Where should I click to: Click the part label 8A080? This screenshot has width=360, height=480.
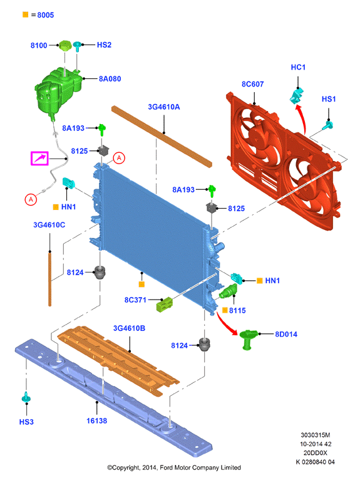[x=110, y=79]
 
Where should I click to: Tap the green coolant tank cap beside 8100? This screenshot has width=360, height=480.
[x=65, y=46]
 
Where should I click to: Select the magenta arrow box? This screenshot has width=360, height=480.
[x=40, y=159]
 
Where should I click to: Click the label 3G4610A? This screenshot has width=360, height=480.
[x=164, y=107]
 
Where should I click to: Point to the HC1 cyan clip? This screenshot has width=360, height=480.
[x=296, y=95]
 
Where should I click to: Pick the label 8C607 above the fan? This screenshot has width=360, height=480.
[x=253, y=84]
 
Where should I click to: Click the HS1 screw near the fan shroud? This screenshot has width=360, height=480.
[x=329, y=125]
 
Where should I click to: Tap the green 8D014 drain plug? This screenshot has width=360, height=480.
[x=247, y=339]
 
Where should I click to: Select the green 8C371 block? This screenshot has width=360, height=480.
[x=165, y=305]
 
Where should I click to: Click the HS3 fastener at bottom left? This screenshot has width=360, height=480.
[x=26, y=398]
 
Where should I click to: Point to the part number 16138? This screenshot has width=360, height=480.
[x=97, y=420]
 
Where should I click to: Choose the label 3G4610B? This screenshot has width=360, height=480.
[x=130, y=328]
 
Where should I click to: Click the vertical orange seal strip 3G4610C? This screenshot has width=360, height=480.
[x=50, y=278]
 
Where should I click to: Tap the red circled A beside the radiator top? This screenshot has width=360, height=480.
[x=119, y=158]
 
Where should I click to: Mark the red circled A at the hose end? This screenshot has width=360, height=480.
[x=31, y=200]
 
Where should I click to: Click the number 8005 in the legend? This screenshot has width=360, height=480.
[x=46, y=15]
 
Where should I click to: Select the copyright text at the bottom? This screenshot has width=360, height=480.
[x=174, y=467]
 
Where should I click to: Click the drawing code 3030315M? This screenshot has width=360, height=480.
[x=316, y=435]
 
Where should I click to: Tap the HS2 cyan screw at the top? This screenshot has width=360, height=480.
[x=78, y=46]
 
